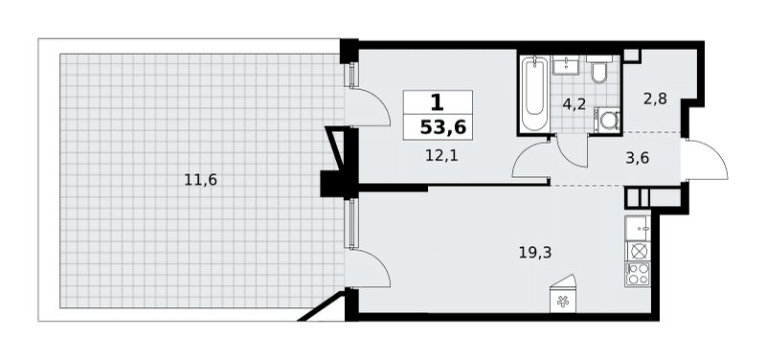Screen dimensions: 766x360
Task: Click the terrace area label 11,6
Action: click(200, 180)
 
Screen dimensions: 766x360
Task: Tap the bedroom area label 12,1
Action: click(441, 156)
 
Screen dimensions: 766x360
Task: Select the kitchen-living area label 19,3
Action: click(535, 253)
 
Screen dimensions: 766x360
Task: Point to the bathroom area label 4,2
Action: click(574, 104)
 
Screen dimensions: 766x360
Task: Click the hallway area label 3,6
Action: click(637, 158)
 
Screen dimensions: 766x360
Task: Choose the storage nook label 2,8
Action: click(655, 100)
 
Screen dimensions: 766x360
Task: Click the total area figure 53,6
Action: click(443, 127)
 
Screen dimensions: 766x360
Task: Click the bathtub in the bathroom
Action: click(535, 94)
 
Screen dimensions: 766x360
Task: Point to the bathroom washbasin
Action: click(565, 65)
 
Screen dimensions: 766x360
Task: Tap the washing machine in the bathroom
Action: click(607, 120)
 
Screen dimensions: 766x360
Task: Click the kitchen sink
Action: click(638, 228)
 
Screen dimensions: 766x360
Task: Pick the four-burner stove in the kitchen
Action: click(638, 274)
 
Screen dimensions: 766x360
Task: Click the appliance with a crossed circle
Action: click(638, 251)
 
